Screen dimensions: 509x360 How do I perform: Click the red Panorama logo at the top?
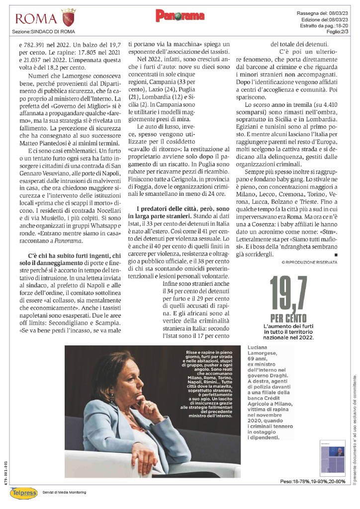click(x=180, y=16)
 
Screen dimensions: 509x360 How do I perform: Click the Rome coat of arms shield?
click(x=68, y=19)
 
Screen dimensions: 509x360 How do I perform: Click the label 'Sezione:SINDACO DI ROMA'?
click(x=44, y=32)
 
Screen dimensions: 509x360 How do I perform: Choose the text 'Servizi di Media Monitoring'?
click(x=64, y=492)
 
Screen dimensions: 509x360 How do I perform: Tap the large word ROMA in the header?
click(x=36, y=19)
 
